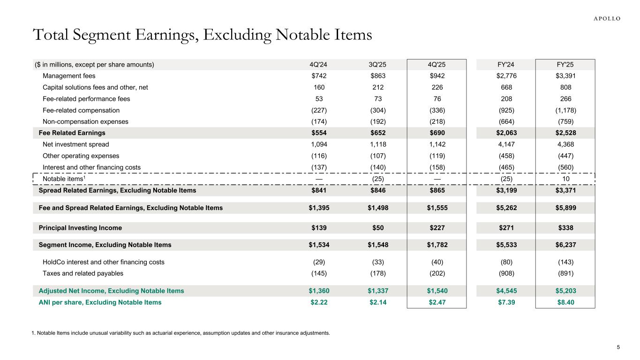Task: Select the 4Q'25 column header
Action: click(437, 65)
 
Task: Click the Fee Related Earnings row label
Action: click(72, 133)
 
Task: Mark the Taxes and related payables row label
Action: click(83, 273)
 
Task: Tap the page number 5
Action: click(618, 347)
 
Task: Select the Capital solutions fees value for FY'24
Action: click(506, 87)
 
